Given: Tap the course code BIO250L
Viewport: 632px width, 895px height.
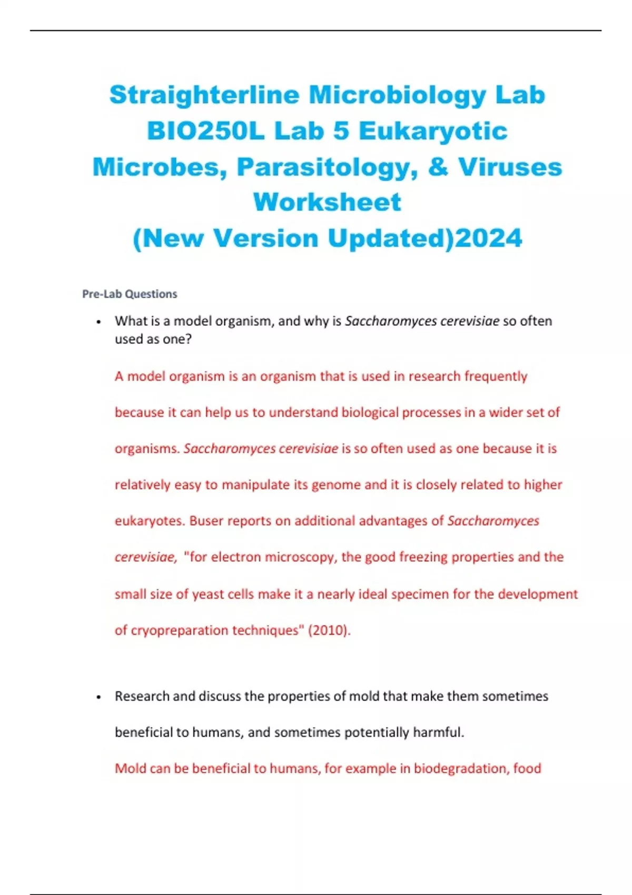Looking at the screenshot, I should point(205,131).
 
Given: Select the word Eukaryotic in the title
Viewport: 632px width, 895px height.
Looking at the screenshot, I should point(433,131).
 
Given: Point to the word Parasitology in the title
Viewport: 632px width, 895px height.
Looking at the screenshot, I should point(327,167).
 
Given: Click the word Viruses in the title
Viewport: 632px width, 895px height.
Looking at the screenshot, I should point(510,167).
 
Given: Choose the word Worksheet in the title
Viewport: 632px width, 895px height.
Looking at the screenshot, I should point(327,202).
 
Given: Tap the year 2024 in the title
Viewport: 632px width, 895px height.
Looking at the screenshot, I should point(488,238).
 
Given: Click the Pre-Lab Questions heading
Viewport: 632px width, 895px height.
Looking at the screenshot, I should point(130,294).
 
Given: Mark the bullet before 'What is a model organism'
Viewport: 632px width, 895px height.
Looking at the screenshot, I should point(98,322).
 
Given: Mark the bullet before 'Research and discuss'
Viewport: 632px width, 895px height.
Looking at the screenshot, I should point(98,697).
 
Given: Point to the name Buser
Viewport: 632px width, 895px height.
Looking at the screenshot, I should point(206,521).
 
